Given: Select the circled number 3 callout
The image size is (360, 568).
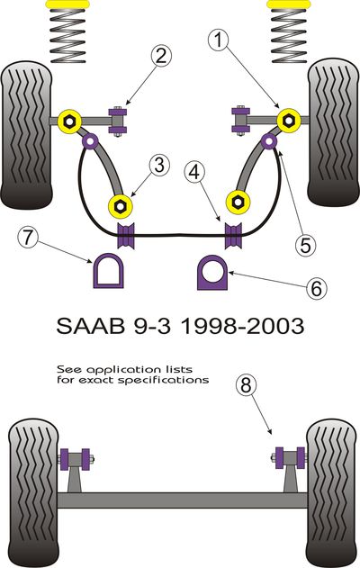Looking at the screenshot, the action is (x=159, y=166).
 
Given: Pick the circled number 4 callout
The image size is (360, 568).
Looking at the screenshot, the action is (x=194, y=172).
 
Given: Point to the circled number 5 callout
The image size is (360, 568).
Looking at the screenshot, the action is (x=305, y=245).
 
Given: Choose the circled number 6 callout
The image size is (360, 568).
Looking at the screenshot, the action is (x=316, y=289).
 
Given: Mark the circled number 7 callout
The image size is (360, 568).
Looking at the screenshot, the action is (x=28, y=238).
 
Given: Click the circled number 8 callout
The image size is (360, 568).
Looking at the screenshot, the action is (x=246, y=384).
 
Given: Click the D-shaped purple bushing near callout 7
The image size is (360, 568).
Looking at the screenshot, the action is (x=108, y=271).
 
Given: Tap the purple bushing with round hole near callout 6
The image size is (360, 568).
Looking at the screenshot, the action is (x=211, y=274).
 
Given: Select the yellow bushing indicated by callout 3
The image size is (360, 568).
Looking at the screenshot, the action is (x=121, y=206).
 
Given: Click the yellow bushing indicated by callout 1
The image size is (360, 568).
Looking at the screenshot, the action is (x=289, y=120).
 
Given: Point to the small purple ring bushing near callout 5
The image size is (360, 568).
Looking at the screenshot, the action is (x=269, y=141).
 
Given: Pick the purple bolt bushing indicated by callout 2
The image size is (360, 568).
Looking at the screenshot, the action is (x=118, y=121).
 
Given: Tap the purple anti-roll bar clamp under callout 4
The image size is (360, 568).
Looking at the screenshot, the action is (x=233, y=236).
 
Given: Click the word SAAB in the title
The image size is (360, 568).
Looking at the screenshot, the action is (x=90, y=326).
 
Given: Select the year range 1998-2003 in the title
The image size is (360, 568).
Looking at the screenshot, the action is (x=241, y=326).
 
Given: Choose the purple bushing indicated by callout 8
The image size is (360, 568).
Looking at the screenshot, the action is (x=290, y=458).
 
